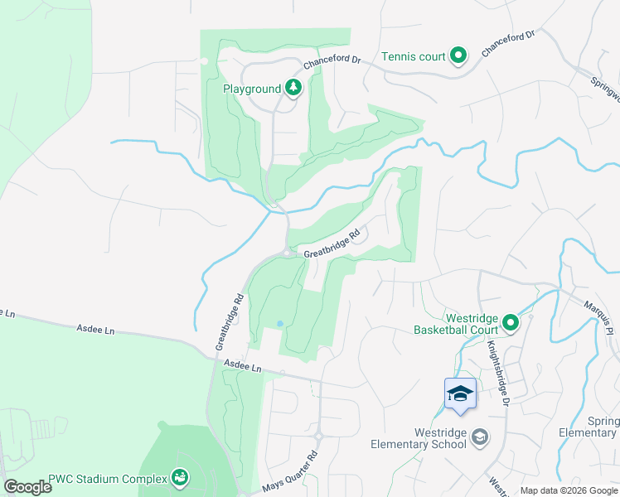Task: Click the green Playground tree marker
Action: coord(293,87)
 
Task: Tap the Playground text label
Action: coord(252,89)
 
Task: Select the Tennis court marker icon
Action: coord(458,56)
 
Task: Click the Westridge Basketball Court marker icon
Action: coord(511,322)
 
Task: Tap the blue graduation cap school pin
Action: coord(460,393)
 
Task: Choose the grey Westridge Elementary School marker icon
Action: coord(479,437)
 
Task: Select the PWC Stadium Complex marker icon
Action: coord(178,477)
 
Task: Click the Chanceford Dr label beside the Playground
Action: coord(332,61)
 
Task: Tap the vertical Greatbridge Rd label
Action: coord(230,321)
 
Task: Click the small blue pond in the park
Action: coord(279,323)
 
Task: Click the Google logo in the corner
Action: coord(28,487)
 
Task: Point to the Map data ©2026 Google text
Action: coord(568,490)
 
